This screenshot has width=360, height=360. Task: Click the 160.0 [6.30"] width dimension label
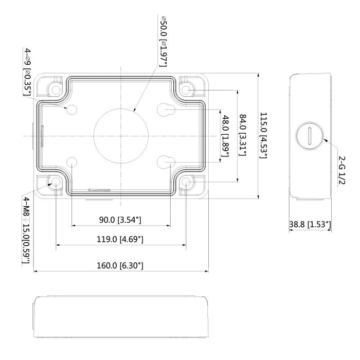[120, 266]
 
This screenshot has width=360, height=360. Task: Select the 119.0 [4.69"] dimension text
[120, 239]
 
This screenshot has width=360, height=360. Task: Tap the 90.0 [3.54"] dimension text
[120, 220]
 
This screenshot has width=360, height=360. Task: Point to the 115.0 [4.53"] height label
[263, 135]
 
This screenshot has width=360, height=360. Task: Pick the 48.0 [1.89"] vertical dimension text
[225, 135]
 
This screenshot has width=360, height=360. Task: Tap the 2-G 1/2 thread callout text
[341, 167]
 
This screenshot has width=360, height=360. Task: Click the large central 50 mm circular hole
[121, 135]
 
